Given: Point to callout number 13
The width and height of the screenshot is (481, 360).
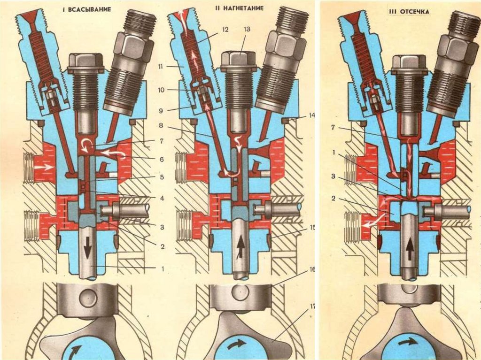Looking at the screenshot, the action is pyautogui.click(x=247, y=30).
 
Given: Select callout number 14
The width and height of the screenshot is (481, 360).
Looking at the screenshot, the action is pyautogui.click(x=311, y=115).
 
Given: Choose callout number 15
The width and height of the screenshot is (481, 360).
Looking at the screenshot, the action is pyautogui.click(x=312, y=229).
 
